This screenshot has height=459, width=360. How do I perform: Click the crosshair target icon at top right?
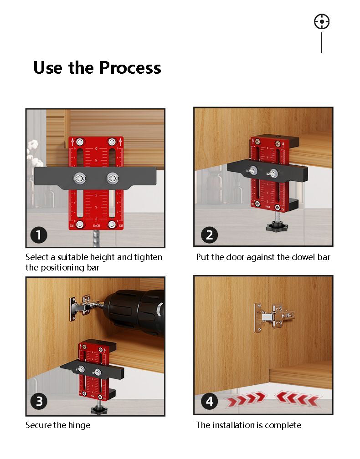point(322,22)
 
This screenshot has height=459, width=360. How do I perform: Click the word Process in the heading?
point(130,68)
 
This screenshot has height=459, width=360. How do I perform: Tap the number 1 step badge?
point(39,235)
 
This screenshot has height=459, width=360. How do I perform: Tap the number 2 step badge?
point(209,235)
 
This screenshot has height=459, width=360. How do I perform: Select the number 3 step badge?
point(39,401)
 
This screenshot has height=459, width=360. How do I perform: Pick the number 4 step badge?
point(209,401)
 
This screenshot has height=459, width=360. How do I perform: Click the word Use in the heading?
point(48,68)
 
